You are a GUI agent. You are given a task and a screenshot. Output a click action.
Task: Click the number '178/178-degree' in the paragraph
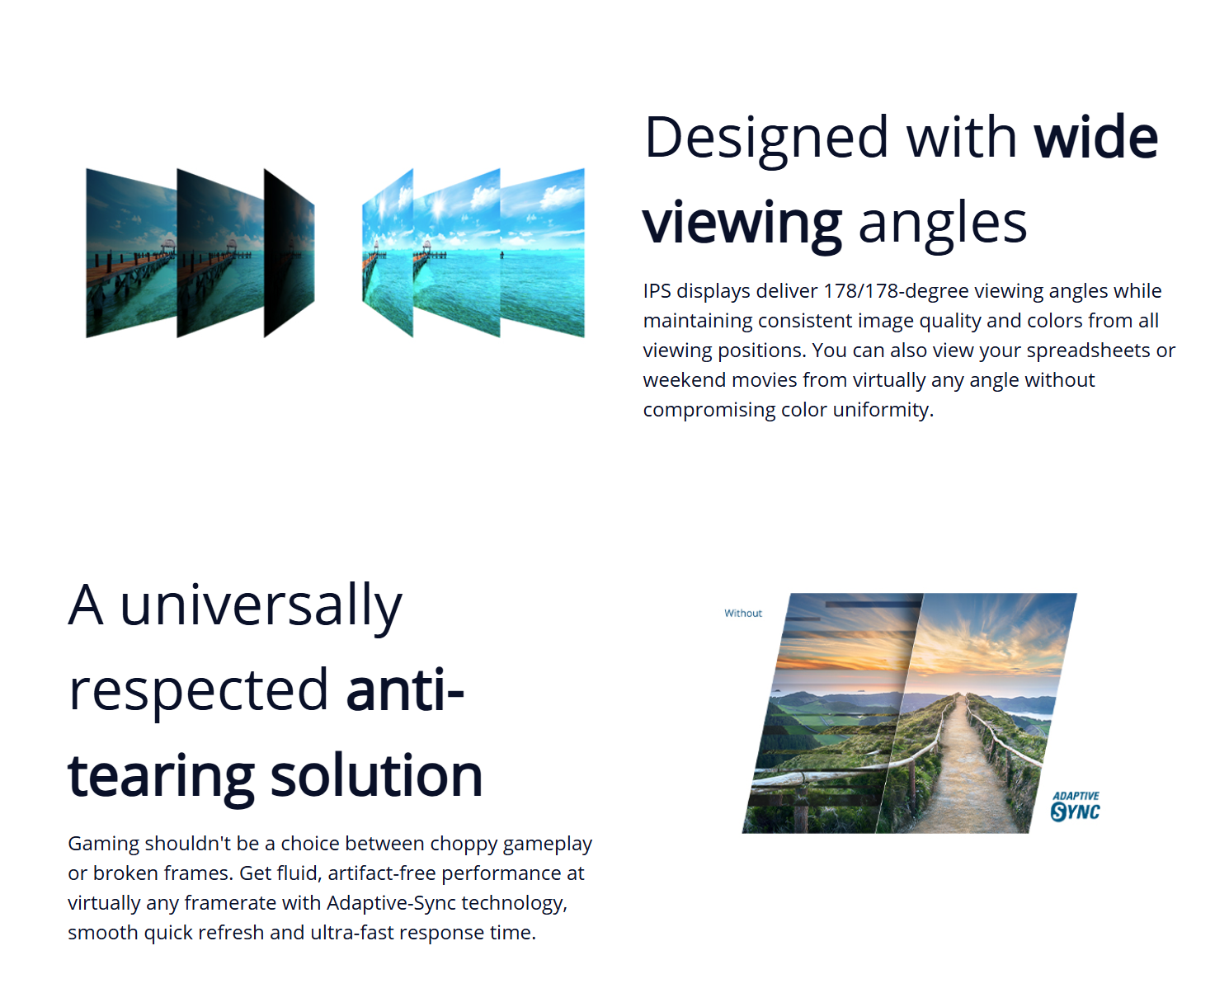(x=896, y=291)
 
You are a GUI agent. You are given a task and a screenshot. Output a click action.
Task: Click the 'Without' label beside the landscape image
(x=743, y=613)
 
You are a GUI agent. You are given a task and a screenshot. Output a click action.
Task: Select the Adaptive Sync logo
(x=1075, y=807)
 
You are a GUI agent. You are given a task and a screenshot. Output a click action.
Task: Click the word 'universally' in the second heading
(x=261, y=605)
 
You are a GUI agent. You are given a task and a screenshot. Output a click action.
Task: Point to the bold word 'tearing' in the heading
(x=161, y=778)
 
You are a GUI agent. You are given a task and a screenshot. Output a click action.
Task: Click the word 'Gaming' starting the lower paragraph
(x=103, y=844)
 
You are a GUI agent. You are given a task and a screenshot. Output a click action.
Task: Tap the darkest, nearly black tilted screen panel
(x=289, y=252)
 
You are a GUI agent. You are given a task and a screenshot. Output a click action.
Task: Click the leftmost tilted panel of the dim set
(x=131, y=252)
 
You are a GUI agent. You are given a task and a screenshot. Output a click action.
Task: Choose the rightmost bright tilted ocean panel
(x=542, y=252)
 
